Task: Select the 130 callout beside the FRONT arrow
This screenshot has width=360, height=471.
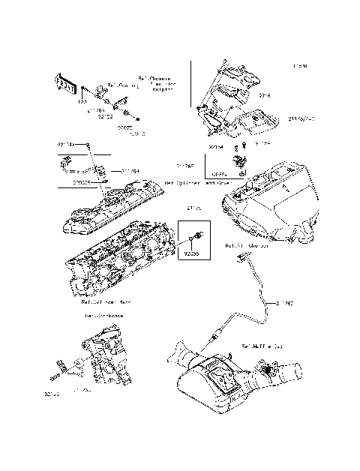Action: pos(82,100)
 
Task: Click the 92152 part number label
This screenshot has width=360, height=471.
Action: pos(105,117)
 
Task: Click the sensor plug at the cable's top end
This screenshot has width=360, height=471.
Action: pos(241,259)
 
